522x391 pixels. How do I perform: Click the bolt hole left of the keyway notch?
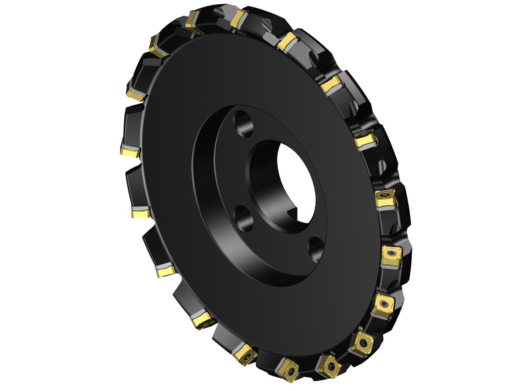(x=244, y=219)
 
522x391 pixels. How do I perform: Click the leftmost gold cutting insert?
(x=130, y=152)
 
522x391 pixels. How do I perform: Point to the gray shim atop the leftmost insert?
(x=130, y=146)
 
